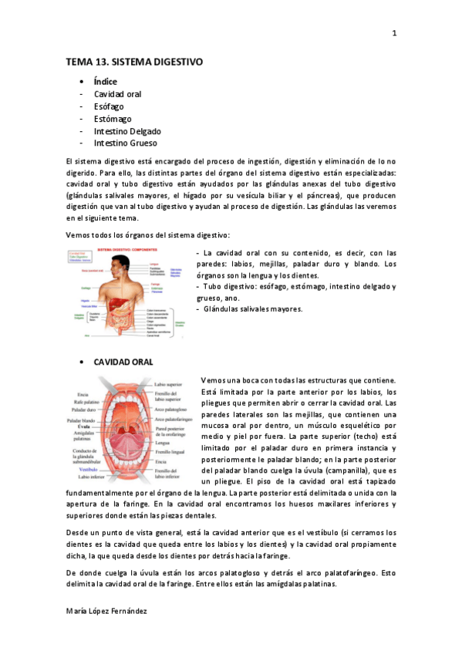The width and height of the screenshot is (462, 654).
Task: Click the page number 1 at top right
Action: [x=394, y=33]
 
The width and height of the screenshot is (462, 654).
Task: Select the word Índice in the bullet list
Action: [x=105, y=82]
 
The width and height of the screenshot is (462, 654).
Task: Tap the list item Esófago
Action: [x=109, y=106]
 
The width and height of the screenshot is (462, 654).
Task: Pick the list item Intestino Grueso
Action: [x=125, y=143]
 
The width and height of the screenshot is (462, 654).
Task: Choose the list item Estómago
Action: [x=113, y=119]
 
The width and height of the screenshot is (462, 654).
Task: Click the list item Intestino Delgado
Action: [x=127, y=131]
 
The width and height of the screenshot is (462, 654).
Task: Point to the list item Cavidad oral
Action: [x=117, y=94]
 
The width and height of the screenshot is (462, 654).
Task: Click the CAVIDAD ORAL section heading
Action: [x=123, y=362]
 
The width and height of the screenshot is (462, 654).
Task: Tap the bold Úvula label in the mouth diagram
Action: [x=86, y=426]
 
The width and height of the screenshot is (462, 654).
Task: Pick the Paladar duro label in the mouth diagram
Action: [x=83, y=410]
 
